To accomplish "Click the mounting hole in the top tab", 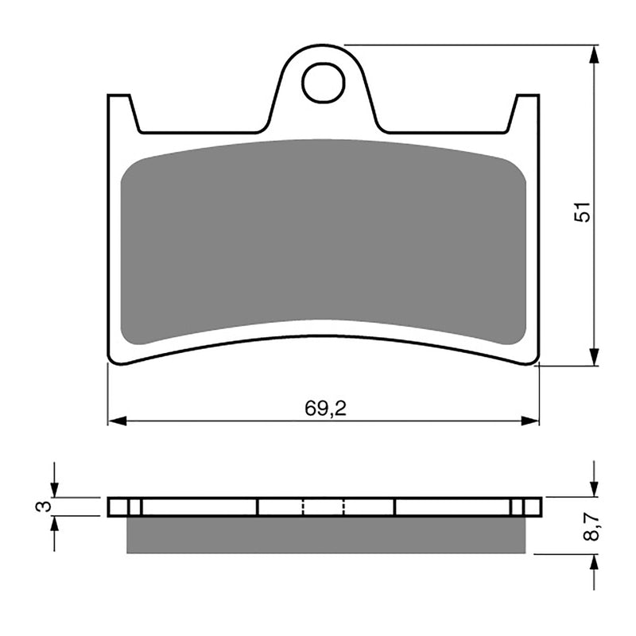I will (324, 83).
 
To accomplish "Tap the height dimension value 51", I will (584, 211).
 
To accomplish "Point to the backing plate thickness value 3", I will (45, 506).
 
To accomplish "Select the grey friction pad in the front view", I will (324, 238).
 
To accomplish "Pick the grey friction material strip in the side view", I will (326, 534).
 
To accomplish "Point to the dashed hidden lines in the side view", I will (324, 506).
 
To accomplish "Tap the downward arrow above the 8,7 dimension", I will (594, 487).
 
